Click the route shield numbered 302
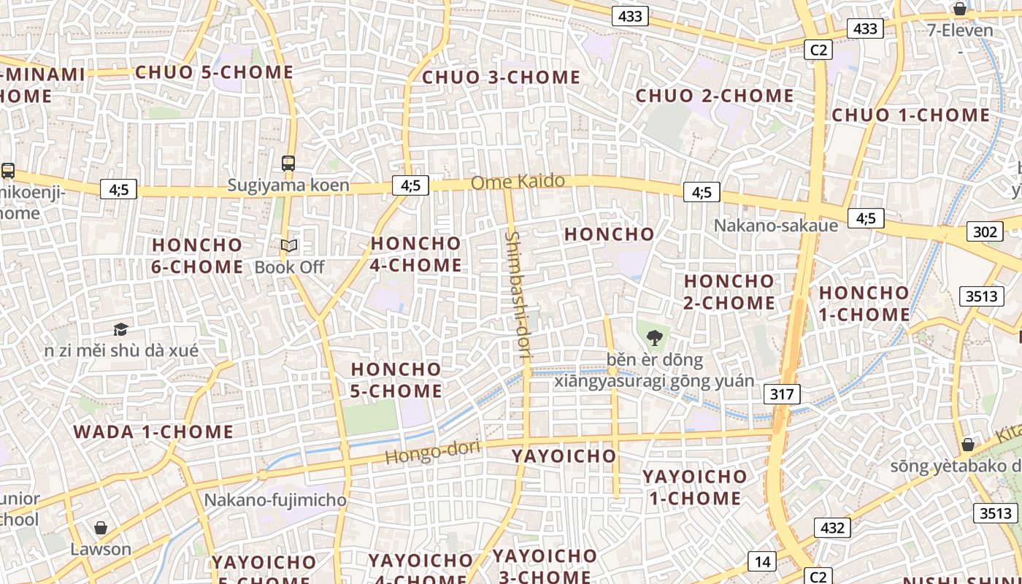click(x=984, y=232)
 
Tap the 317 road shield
click(x=782, y=395)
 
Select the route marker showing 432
click(x=832, y=528)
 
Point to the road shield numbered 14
click(x=762, y=561)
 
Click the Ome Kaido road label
click(x=518, y=182)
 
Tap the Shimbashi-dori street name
click(x=518, y=295)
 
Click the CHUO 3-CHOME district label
click(x=502, y=77)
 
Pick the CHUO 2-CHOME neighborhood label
click(x=715, y=96)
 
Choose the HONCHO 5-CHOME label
click(x=396, y=380)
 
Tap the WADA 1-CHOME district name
click(x=153, y=431)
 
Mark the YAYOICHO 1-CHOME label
click(x=695, y=488)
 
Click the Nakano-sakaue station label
click(x=775, y=225)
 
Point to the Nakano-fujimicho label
click(x=275, y=500)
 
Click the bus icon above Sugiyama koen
click(x=288, y=163)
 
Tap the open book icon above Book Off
click(x=289, y=246)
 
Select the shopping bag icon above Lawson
click(x=101, y=528)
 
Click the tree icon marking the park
click(x=654, y=337)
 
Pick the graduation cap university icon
click(x=120, y=329)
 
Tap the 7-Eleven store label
click(x=960, y=30)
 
